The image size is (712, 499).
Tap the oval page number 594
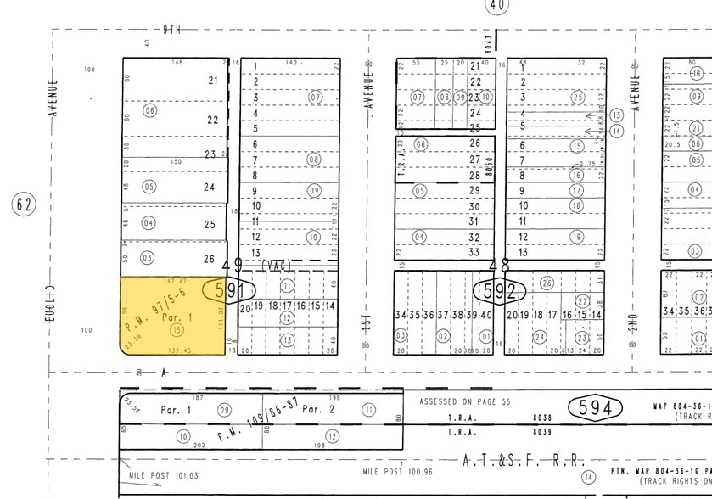coord(594,408)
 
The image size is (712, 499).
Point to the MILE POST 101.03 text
coord(164,475)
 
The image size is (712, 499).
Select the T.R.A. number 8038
coord(542,418)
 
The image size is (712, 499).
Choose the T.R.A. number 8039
coord(542,432)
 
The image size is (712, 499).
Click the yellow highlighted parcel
coord(174,318)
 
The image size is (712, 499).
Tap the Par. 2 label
coord(316,409)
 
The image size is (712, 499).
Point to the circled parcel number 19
coord(577,237)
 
